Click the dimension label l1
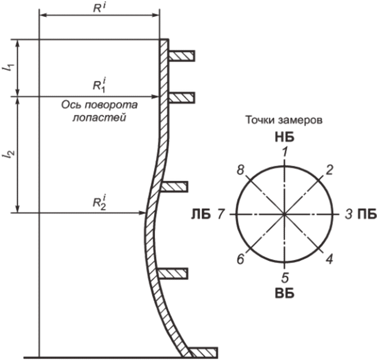click(x=10, y=68)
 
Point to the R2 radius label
click(x=99, y=203)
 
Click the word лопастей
click(x=99, y=118)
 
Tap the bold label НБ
click(x=285, y=138)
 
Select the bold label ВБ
click(x=285, y=294)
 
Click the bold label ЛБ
click(x=201, y=214)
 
